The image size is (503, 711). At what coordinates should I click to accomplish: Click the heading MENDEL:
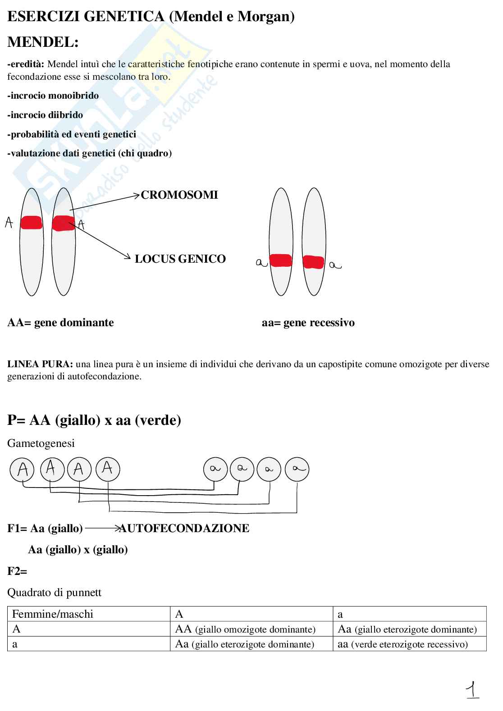pos(43,42)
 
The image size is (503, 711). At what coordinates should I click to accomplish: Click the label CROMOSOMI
pos(179,195)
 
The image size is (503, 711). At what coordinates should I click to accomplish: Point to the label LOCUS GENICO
pos(180,259)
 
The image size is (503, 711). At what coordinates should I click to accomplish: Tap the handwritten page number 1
pos(472,690)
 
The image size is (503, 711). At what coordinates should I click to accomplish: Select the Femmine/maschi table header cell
pos(52,614)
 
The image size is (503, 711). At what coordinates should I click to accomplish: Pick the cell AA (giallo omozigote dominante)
pos(245,629)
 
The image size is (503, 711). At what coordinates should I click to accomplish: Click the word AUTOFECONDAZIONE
pos(184,529)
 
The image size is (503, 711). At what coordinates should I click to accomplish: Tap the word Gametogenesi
pos(41,443)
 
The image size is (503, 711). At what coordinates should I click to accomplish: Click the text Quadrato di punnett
pos(54,592)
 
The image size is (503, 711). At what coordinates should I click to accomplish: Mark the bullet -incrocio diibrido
pos(45,115)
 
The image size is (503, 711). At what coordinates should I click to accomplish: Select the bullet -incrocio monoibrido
pos(53,96)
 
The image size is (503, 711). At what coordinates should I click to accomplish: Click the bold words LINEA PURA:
pos(40,364)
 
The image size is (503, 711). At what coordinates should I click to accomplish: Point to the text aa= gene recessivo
pos(308,323)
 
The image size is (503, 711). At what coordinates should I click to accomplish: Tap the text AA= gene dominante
pos(60,323)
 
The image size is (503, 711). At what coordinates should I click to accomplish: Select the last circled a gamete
pos(297,469)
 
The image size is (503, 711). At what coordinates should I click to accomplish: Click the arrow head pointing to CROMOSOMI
pos(137,195)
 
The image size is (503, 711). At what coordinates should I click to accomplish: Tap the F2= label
pos(17,571)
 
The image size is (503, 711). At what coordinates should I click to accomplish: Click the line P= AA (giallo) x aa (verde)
pos(94,420)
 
